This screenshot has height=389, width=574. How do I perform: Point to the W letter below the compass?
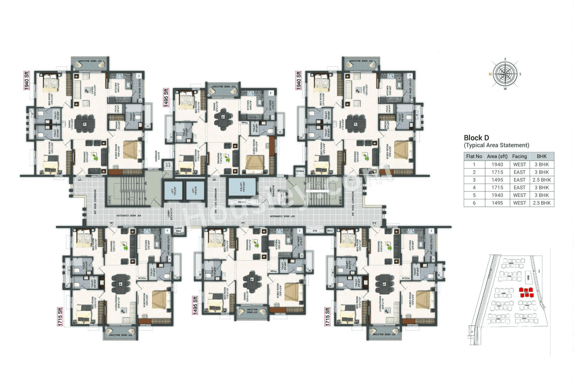pyautogui.click(x=506, y=89)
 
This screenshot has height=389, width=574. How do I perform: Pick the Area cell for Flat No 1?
pyautogui.click(x=496, y=165)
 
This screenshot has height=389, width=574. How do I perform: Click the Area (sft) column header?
pyautogui.click(x=496, y=157)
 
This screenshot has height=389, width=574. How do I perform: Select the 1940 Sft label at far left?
pyautogui.click(x=26, y=80)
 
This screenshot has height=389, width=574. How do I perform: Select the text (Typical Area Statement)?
pyautogui.click(x=496, y=145)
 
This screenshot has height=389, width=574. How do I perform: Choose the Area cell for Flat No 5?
pyautogui.click(x=496, y=195)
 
